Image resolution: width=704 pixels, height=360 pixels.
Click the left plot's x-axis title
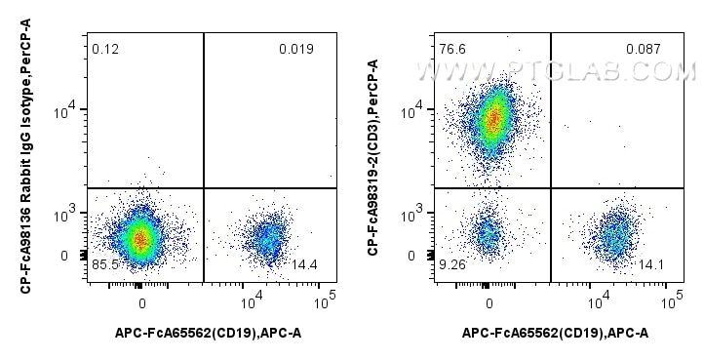(208, 334)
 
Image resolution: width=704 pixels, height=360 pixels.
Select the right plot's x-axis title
(555, 334)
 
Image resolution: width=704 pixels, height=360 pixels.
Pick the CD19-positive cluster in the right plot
(614, 234)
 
